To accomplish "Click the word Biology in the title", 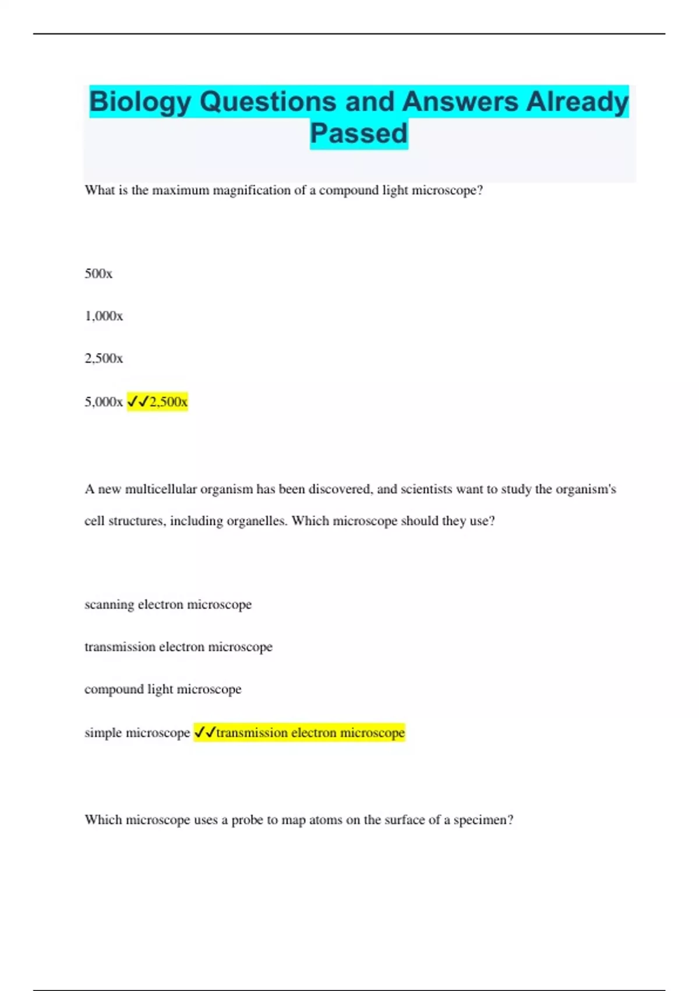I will coord(140,102).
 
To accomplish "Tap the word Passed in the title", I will coord(358,133).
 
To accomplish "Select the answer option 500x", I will coord(98,273).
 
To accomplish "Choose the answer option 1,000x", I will coord(104,316).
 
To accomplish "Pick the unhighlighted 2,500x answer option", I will coord(104,359).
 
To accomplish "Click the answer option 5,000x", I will coord(104,402).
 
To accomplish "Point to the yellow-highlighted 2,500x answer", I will coord(168,402).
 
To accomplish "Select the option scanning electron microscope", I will coord(168,605).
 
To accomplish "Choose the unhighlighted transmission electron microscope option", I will coord(178,647).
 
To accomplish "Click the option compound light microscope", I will coord(163,690).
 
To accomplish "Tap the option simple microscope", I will coord(137,733).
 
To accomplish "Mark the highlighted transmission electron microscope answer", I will coord(310,733).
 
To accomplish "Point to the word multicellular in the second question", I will coord(161,489).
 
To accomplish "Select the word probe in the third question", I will coord(247,820).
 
